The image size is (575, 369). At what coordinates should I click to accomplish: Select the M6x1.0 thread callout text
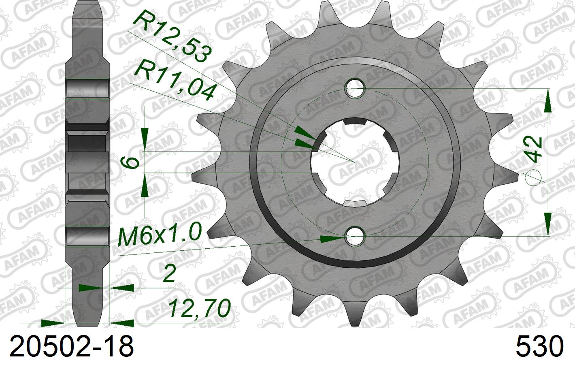click(x=160, y=235)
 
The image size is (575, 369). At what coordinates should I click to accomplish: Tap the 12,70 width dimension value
click(x=199, y=309)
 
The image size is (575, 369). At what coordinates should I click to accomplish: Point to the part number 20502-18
click(x=71, y=347)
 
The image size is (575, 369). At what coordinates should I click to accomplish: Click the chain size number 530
click(x=539, y=347)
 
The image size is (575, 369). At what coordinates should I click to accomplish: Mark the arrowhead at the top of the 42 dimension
click(x=547, y=101)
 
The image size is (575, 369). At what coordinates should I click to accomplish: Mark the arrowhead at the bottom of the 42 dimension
click(x=547, y=223)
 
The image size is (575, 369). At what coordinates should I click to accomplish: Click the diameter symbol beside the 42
click(x=535, y=177)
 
